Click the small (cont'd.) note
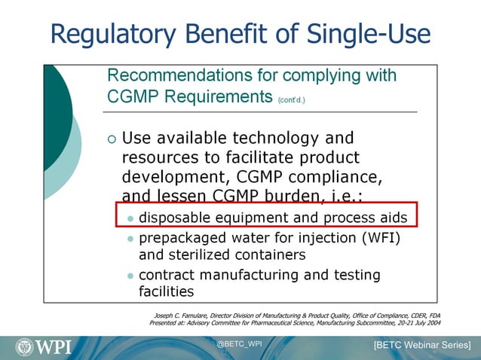point(292,99)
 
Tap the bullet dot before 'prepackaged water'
point(130,239)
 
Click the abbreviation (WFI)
point(374,239)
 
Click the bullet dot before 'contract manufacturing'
point(130,276)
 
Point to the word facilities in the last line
point(167,291)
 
